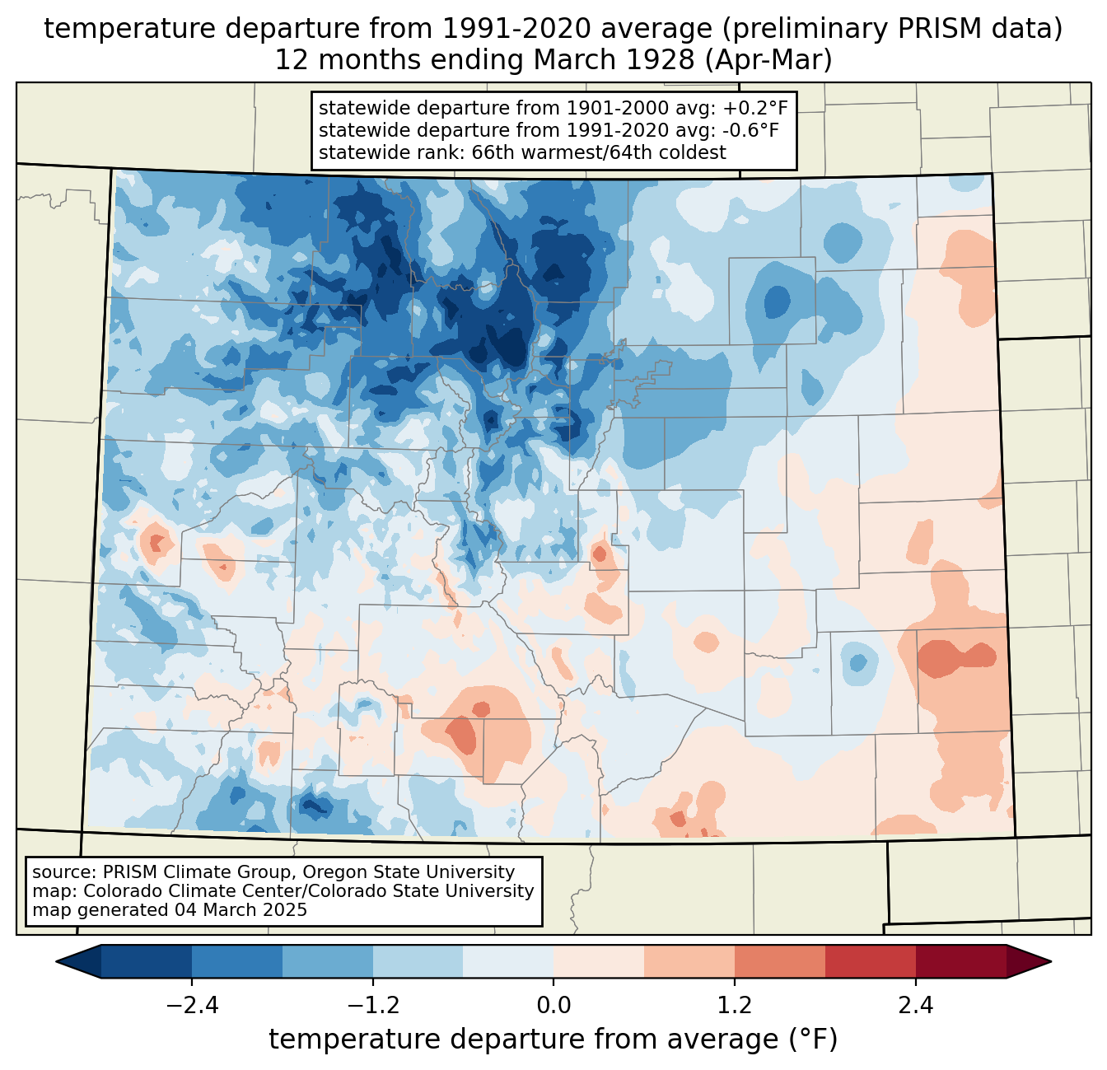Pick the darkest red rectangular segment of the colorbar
[x=961, y=961]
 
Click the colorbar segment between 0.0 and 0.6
[x=599, y=961]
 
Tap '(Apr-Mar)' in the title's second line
[x=768, y=60]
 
